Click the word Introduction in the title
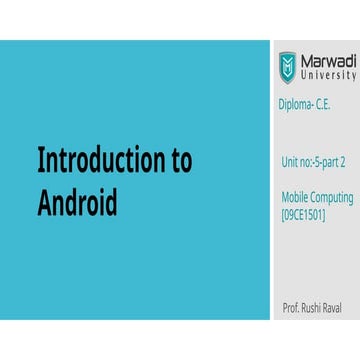click(96, 162)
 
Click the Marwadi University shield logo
click(287, 67)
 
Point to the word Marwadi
click(328, 61)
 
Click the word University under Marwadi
click(328, 76)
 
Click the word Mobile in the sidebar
click(293, 199)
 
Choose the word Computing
click(329, 199)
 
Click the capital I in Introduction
click(40, 162)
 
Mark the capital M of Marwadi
click(308, 61)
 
